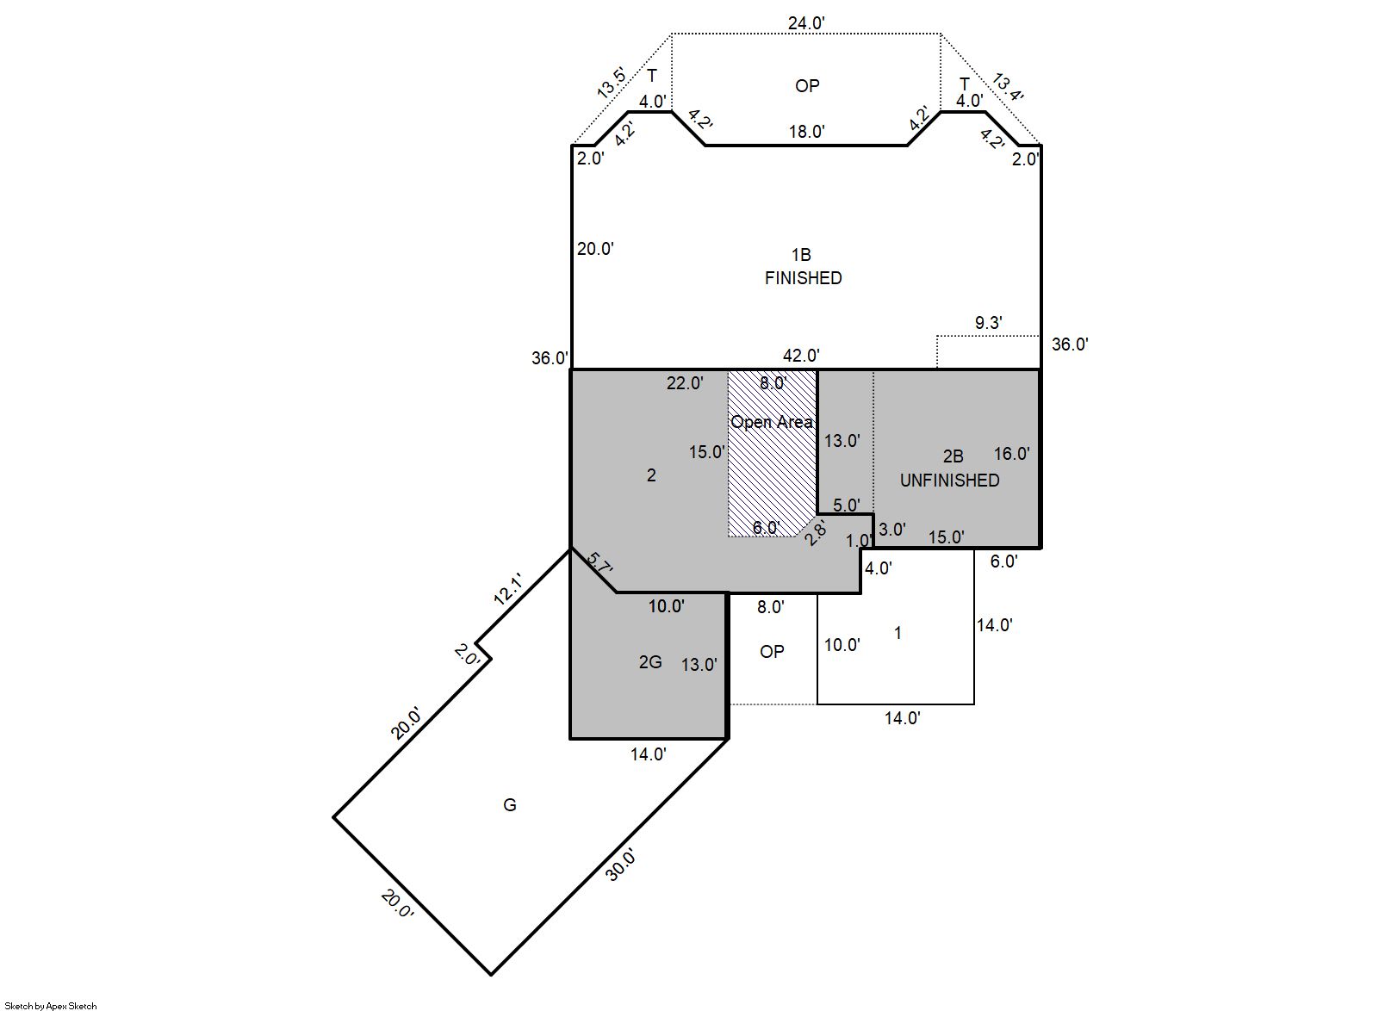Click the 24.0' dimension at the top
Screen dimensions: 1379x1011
[x=806, y=23]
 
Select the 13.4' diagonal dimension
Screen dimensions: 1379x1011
[x=1008, y=89]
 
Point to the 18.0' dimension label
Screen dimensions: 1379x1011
[x=807, y=132]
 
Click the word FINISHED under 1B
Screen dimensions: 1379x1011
[x=804, y=278]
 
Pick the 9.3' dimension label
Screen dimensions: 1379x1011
[x=989, y=322]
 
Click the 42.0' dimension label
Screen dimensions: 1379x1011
[x=802, y=356]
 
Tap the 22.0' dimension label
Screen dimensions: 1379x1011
[x=685, y=383]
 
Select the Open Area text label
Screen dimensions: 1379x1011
[x=772, y=422]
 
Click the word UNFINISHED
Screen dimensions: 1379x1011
[x=950, y=481]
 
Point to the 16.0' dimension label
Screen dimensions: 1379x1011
[x=1012, y=454]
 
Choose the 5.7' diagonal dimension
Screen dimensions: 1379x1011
[x=599, y=563]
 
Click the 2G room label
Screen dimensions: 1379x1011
[x=650, y=662]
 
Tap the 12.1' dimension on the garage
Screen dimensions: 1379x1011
[x=508, y=590]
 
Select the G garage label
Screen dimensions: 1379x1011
[x=510, y=805]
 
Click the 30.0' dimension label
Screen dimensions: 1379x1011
[x=620, y=865]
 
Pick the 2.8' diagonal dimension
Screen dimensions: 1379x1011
[x=816, y=533]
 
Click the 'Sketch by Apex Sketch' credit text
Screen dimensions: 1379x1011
[x=51, y=1006]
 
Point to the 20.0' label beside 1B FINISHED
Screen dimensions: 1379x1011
[x=596, y=249]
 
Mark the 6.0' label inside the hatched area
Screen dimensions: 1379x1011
[x=767, y=528]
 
